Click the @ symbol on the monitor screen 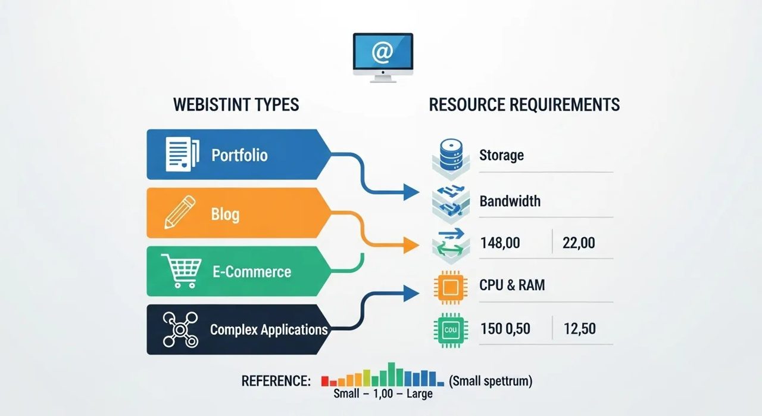click(x=382, y=52)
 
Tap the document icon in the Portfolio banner click(x=182, y=154)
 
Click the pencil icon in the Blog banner click(x=180, y=212)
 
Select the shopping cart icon click(x=182, y=271)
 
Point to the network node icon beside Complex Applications click(x=180, y=330)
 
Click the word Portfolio click(x=239, y=155)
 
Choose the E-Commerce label click(x=252, y=272)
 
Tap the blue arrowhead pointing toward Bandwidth click(x=411, y=192)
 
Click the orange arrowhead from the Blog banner click(x=411, y=245)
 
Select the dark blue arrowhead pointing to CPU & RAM click(x=411, y=293)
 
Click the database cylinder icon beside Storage click(x=451, y=154)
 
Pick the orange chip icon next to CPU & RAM click(x=451, y=288)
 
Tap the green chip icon click(x=451, y=330)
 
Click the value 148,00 click(x=500, y=243)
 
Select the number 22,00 click(x=579, y=243)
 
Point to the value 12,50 click(x=580, y=329)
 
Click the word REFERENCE click(x=276, y=381)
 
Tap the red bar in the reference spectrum click(x=325, y=381)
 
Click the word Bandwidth click(x=510, y=201)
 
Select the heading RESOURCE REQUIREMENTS click(x=524, y=104)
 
